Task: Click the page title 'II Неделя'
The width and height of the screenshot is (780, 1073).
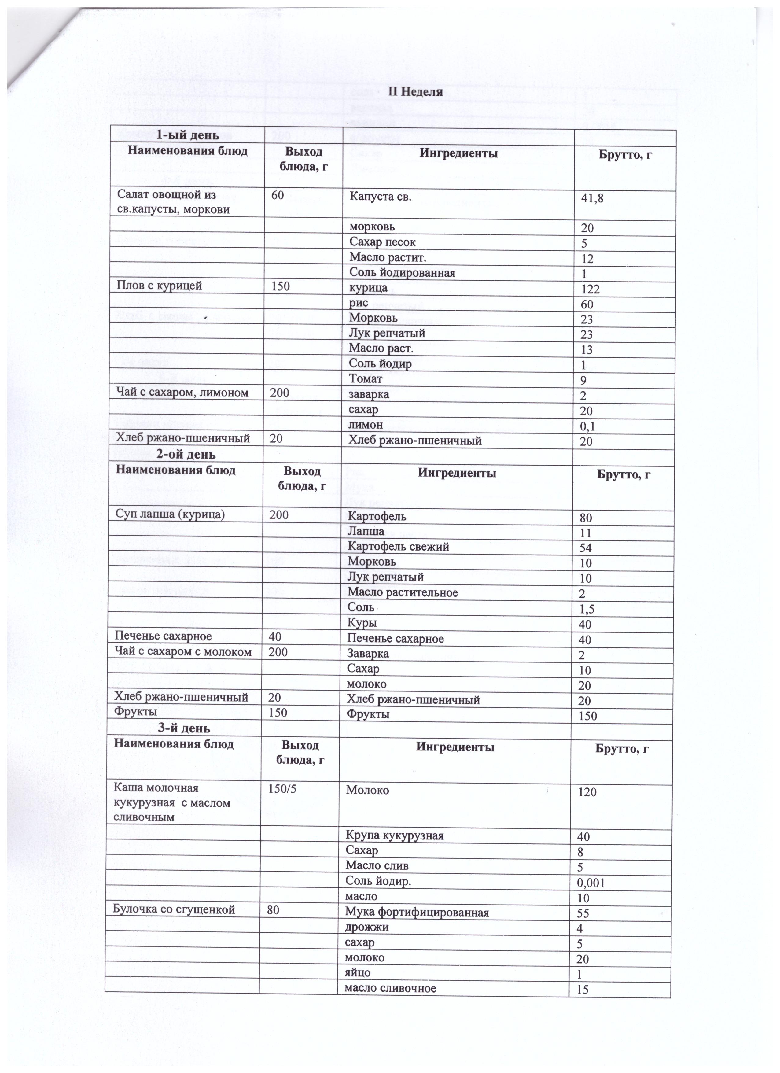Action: tap(415, 92)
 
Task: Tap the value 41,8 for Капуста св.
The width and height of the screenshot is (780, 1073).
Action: tap(592, 199)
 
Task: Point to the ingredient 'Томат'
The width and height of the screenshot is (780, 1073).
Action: tap(366, 378)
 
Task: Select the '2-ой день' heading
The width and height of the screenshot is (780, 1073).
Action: tap(186, 454)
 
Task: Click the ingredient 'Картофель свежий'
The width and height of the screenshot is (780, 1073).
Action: tap(398, 547)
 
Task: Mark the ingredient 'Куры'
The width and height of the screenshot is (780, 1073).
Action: tap(362, 623)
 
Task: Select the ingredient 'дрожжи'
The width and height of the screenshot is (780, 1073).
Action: tap(367, 926)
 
